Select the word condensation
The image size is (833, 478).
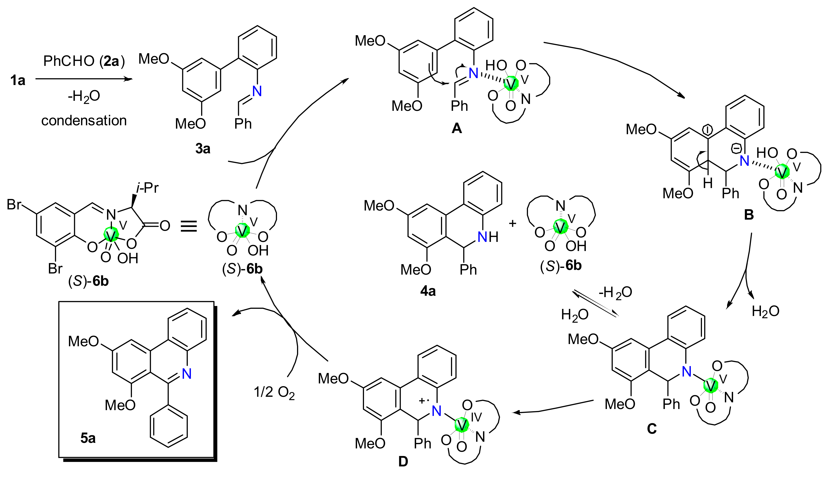tap(84, 120)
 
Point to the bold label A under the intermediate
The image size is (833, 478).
tap(457, 128)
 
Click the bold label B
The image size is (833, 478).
tap(749, 215)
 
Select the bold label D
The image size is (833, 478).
tap(403, 462)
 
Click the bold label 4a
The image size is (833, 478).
tap(428, 291)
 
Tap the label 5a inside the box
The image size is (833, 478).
tap(88, 438)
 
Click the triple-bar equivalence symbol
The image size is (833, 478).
tap(189, 226)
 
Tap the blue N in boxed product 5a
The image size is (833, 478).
tap(186, 374)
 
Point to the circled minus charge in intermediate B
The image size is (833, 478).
tap(736, 149)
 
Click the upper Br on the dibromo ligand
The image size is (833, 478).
tap(14, 205)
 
